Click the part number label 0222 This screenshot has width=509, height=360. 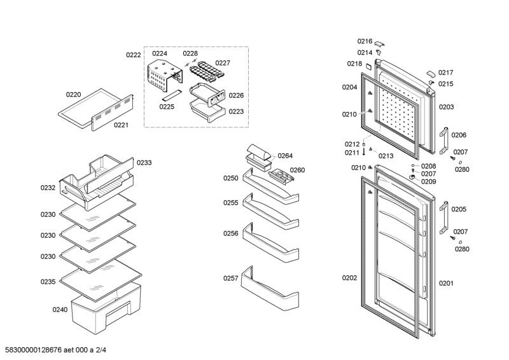click(x=134, y=55)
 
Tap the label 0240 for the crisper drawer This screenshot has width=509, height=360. click(x=60, y=310)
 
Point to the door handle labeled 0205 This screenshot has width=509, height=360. click(x=443, y=218)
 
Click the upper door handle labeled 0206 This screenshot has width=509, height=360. click(x=443, y=141)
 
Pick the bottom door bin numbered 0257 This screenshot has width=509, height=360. click(x=270, y=288)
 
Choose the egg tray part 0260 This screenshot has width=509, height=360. click(x=281, y=176)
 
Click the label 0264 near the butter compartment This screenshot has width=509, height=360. click(x=285, y=156)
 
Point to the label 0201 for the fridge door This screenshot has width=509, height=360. click(x=446, y=284)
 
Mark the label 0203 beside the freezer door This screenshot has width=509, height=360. click(x=447, y=107)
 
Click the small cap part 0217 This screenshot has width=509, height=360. click(x=431, y=73)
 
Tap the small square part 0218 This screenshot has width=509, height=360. click(x=369, y=66)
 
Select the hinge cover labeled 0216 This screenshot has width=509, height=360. click(x=379, y=43)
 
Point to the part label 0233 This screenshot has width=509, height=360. click(x=144, y=163)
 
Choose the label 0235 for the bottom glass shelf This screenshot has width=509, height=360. click(x=48, y=282)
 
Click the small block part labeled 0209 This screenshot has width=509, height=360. click(x=412, y=177)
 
